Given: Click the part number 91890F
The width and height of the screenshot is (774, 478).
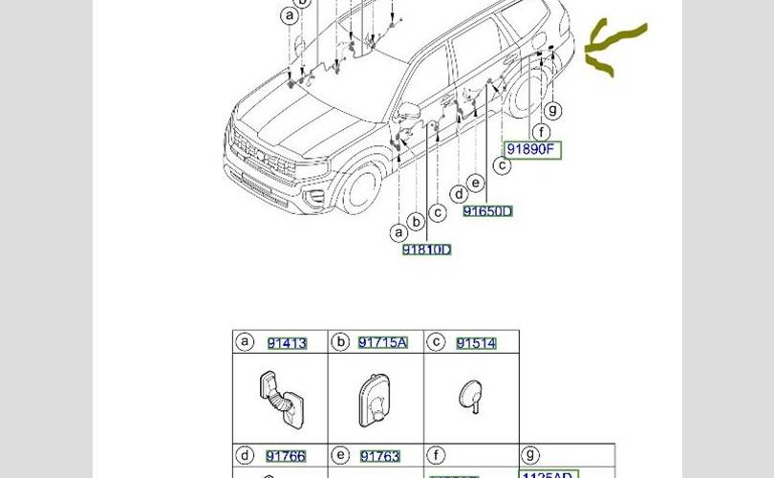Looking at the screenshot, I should click(531, 150).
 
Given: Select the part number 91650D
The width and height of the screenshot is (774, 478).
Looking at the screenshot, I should click(487, 211).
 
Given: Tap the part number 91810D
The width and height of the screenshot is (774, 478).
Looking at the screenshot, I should click(426, 250).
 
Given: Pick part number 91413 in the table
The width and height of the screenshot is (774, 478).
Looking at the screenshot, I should click(287, 343).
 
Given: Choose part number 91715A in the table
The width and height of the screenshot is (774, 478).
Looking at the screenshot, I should click(382, 342).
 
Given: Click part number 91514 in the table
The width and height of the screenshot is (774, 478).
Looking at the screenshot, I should click(476, 343).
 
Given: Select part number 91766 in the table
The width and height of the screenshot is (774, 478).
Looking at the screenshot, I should click(286, 456).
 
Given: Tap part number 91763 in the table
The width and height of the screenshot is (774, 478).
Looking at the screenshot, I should click(379, 456).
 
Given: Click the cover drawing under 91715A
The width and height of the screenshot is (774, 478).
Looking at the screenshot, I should click(374, 396).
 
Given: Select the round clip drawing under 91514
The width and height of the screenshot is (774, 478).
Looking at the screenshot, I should click(469, 393).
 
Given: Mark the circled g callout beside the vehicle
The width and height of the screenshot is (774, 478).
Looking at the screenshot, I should click(553, 111).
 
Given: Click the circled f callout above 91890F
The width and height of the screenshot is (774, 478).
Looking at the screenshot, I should click(542, 132).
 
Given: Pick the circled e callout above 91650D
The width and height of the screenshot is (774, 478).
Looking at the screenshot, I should click(476, 184).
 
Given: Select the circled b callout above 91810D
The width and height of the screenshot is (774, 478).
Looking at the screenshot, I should click(416, 223).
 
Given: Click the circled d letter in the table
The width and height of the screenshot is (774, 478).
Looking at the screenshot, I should click(245, 456).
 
